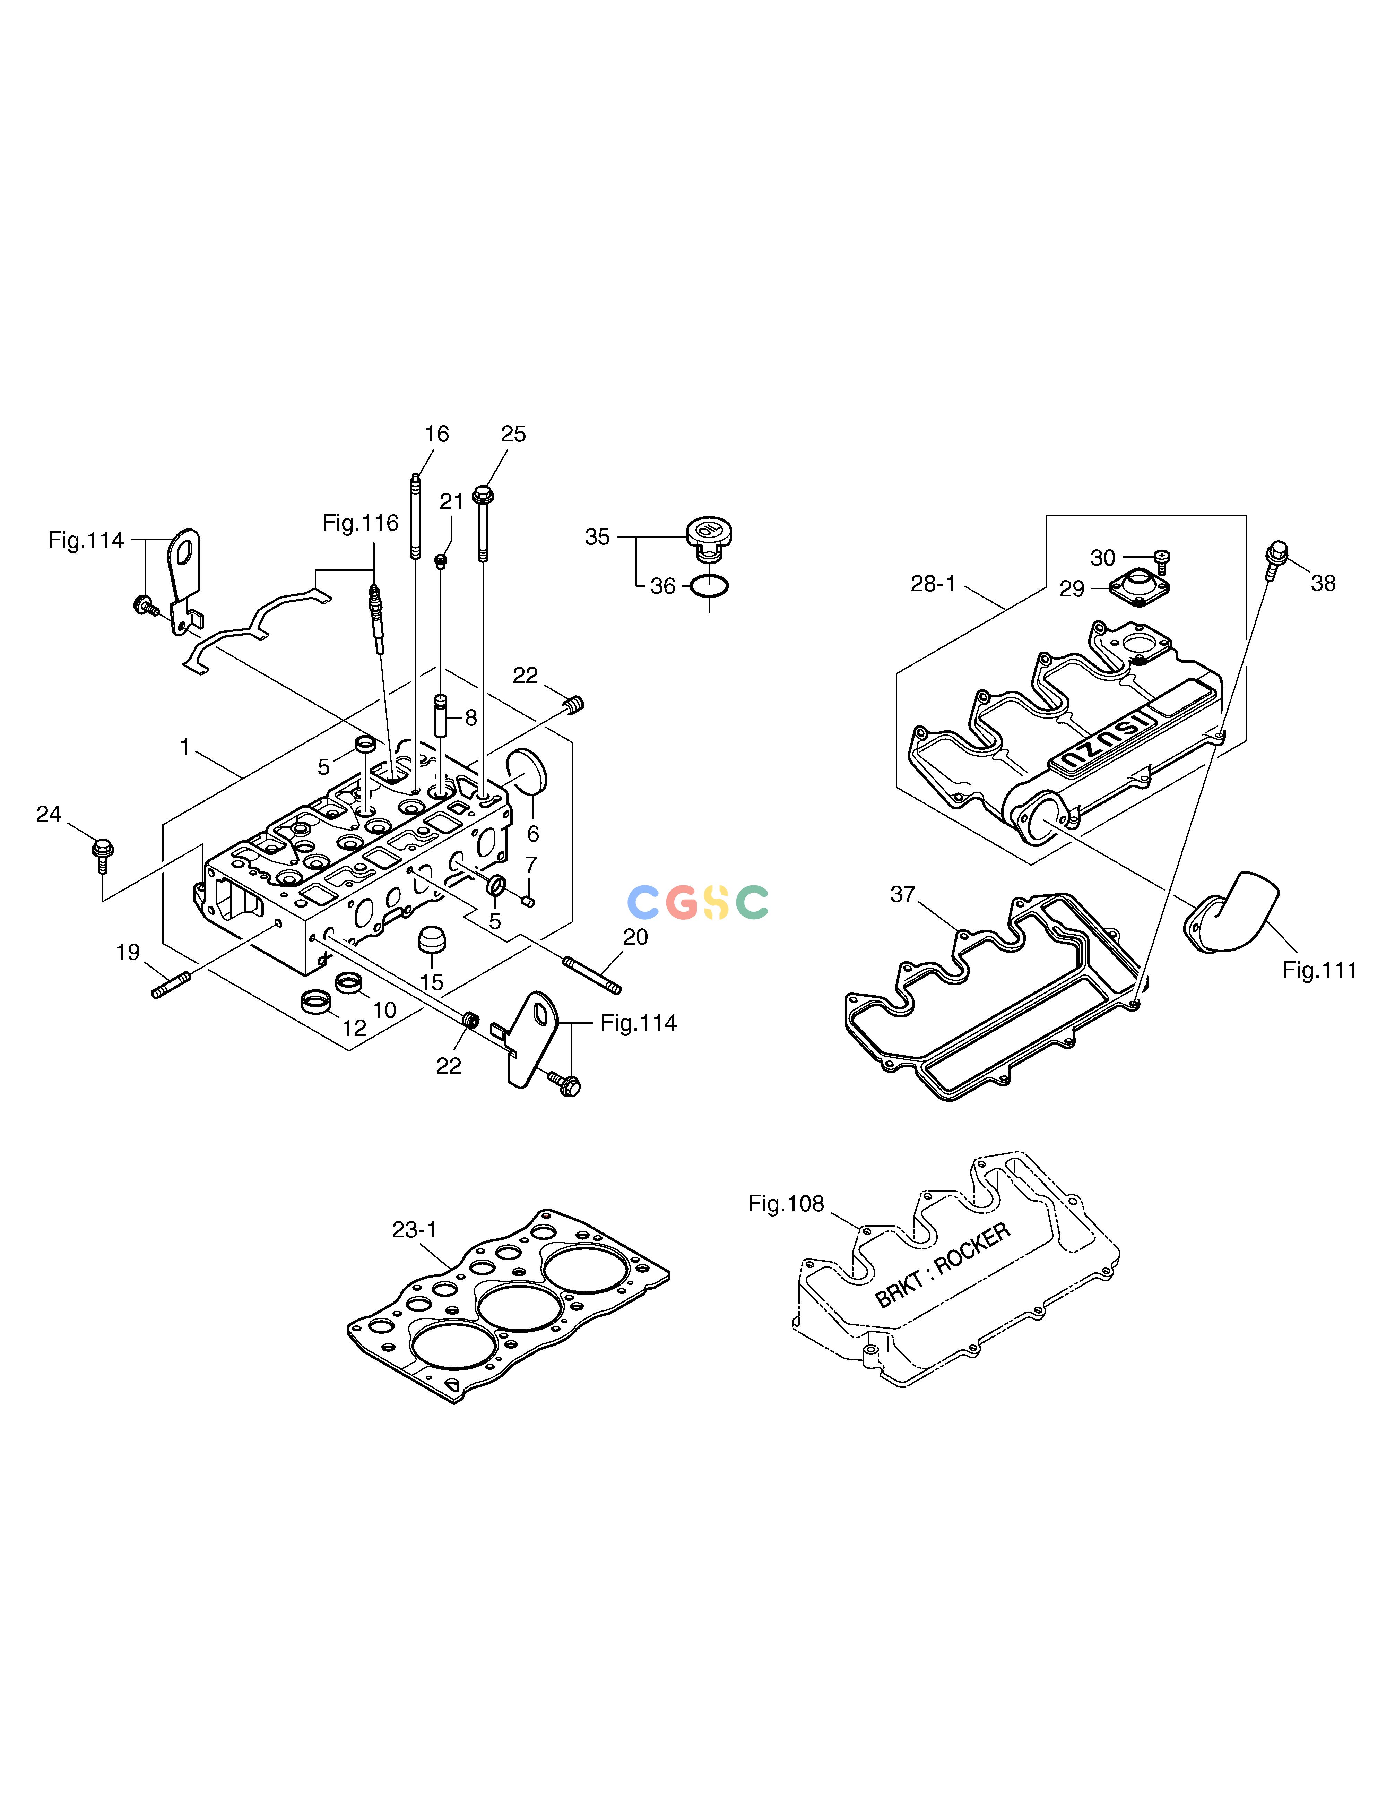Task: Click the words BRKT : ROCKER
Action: click(942, 1265)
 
